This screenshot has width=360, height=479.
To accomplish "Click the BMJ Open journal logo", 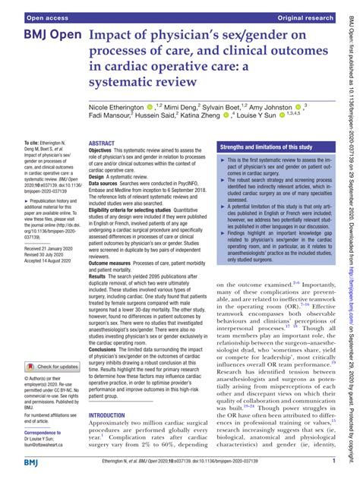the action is tap(43, 37).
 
